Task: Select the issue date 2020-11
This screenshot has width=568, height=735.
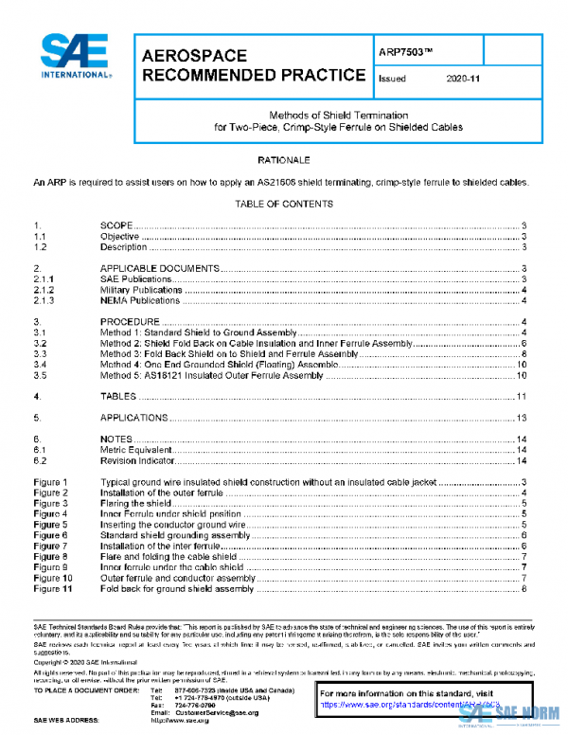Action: tap(463, 80)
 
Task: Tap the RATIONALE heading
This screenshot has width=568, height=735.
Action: tap(283, 160)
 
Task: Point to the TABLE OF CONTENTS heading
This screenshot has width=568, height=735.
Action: tap(283, 204)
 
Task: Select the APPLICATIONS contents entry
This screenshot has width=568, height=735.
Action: tap(134, 418)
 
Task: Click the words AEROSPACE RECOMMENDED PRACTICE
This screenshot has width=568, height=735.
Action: tap(253, 64)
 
